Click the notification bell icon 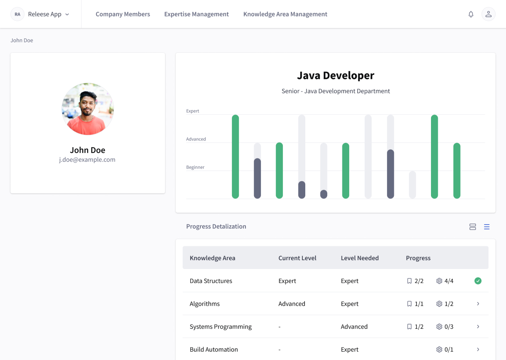click(471, 14)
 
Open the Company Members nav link click(123, 14)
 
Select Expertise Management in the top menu click(196, 14)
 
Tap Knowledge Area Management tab click(285, 14)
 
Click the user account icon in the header click(488, 14)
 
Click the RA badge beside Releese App click(18, 14)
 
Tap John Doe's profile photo click(88, 109)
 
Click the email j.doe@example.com click(87, 160)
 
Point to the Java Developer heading click(336, 75)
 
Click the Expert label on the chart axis click(192, 111)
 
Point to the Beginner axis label click(195, 167)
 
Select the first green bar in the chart click(235, 156)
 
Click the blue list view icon click(486, 227)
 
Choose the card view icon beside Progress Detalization click(472, 227)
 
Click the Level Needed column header click(360, 258)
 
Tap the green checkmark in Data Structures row click(478, 281)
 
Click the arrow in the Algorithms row click(478, 303)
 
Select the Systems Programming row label click(220, 326)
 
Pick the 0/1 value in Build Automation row click(449, 349)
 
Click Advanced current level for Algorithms click(292, 303)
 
